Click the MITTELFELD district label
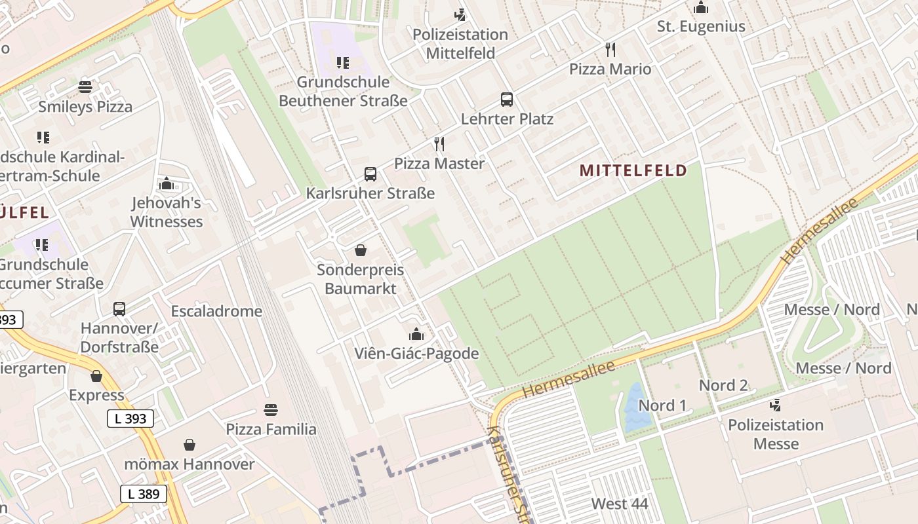tap(633, 171)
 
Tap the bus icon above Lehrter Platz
tap(507, 100)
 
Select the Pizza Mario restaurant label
tap(610, 69)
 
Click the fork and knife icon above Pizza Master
tap(439, 143)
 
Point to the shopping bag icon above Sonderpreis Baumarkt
tap(360, 250)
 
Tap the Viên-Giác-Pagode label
tap(416, 354)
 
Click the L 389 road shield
tap(144, 494)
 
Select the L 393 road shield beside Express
tap(130, 419)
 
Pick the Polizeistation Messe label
tap(776, 434)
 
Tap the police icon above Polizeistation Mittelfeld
tap(460, 14)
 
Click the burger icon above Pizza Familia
tap(271, 410)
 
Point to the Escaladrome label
tap(216, 311)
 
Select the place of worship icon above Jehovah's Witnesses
tap(167, 183)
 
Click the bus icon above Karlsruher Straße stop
tap(370, 174)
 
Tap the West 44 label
tap(620, 504)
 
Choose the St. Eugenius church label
tap(701, 26)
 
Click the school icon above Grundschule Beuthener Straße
tap(342, 63)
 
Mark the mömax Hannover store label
tap(190, 464)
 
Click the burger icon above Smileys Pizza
tap(85, 87)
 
